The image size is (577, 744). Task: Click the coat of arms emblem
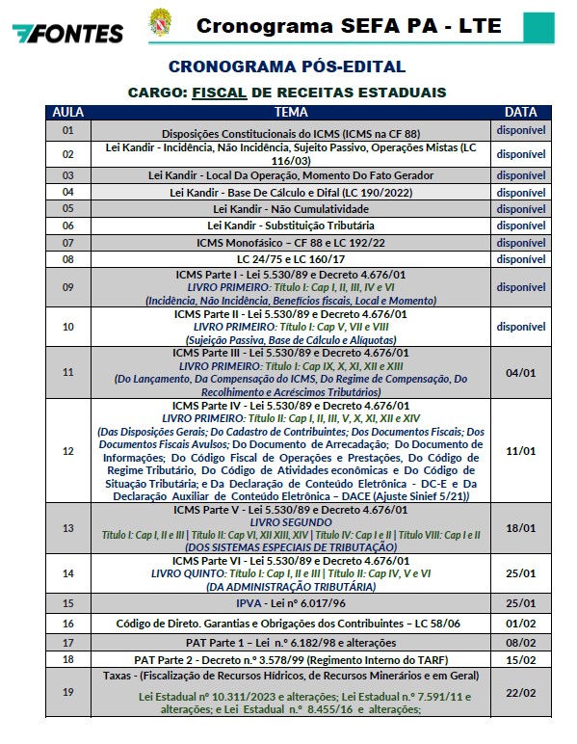157,22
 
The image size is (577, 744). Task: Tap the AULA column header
67,112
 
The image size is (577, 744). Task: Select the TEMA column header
290,112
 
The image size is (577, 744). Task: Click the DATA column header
520,112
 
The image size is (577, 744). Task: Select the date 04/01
520,371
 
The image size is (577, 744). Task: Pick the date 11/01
520,451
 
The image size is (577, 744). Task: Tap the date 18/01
520,528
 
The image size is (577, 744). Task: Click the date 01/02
520,624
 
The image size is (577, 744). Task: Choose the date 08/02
520,642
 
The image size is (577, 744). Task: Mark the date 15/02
520,660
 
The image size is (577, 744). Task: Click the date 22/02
520,694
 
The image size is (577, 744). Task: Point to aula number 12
67,451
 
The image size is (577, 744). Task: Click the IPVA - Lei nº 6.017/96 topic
290,604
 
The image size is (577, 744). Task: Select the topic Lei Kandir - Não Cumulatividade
290,208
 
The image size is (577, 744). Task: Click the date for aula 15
520,604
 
